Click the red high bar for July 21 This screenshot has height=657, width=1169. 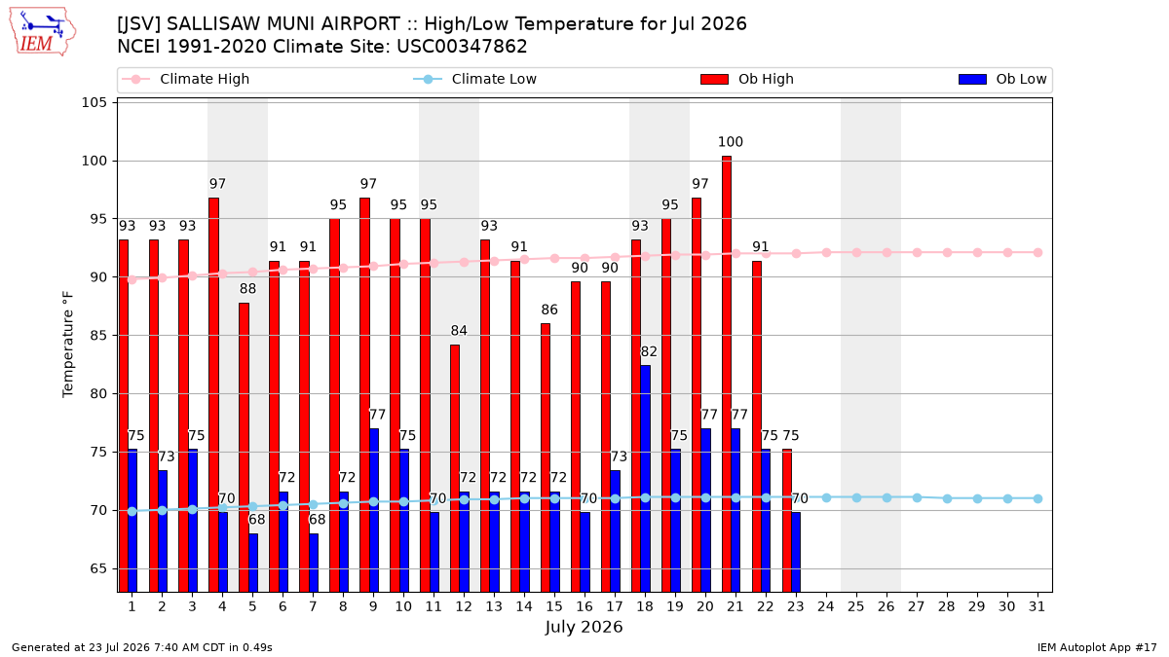click(x=727, y=374)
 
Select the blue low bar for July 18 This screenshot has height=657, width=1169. click(x=645, y=479)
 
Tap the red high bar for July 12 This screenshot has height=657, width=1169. click(x=455, y=468)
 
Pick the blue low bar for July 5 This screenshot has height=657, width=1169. click(x=253, y=563)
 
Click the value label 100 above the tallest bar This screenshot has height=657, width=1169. click(x=730, y=142)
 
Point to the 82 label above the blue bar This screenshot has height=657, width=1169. click(x=649, y=351)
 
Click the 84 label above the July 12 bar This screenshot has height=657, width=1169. click(x=459, y=331)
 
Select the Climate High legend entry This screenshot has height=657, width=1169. click(x=186, y=79)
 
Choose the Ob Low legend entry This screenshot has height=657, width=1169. click(x=1002, y=79)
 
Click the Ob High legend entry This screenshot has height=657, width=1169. click(x=747, y=79)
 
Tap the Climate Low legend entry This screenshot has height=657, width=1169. click(x=475, y=79)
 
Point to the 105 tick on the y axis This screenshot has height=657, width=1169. click(x=94, y=102)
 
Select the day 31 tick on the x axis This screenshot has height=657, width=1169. click(x=1037, y=606)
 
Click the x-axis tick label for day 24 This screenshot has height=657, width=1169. click(x=826, y=606)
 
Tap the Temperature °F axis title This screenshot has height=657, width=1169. click(x=68, y=345)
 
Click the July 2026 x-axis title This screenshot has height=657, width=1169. click(x=584, y=627)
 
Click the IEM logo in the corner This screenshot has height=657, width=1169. click(x=43, y=32)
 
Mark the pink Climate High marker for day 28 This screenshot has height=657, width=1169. click(x=947, y=252)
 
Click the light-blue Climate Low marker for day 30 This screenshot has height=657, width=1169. click(x=1007, y=498)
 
